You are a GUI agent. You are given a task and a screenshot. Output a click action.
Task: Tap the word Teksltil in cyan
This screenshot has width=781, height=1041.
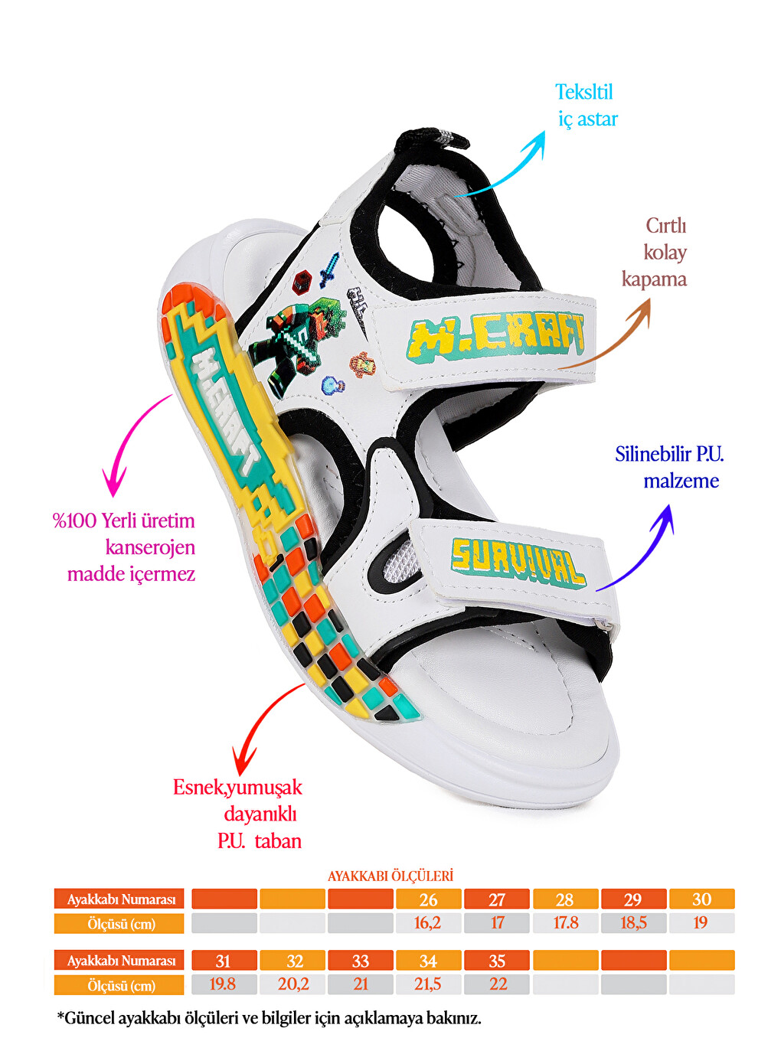coord(583,92)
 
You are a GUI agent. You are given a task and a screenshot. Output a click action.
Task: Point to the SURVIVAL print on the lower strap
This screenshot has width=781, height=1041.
coord(518,562)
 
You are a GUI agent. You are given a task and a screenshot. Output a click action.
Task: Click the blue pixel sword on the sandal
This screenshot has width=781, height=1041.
coord(329,270)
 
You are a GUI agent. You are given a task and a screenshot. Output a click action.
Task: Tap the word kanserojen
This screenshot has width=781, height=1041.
coord(150,547)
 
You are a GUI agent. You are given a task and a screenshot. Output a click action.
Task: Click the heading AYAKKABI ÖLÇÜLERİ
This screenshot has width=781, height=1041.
coord(390,876)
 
